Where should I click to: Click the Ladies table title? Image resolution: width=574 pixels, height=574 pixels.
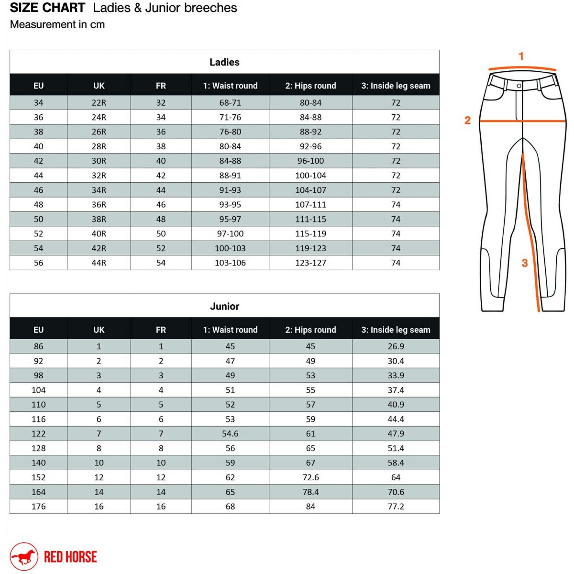pos(224,62)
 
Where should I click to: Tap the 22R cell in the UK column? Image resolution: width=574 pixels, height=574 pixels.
pos(99,103)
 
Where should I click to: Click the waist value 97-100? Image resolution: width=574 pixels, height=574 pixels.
pos(230,233)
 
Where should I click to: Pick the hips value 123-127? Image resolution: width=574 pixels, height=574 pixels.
pos(311,263)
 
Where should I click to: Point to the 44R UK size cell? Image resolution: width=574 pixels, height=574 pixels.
pos(99,263)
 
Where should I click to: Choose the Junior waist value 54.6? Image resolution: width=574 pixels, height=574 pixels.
pos(230,434)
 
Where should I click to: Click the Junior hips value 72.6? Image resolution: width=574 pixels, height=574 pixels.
pos(311,477)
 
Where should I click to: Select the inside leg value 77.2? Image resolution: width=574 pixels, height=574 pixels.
pos(395,506)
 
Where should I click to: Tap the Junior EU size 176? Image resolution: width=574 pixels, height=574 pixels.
pos(39,506)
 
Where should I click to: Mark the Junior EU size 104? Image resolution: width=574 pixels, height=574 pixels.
pos(39,390)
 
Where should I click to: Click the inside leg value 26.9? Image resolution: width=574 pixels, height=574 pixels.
pos(395,346)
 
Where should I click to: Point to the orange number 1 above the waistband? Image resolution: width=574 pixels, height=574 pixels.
pos(521,56)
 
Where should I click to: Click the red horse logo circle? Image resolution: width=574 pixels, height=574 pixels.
pos(24,556)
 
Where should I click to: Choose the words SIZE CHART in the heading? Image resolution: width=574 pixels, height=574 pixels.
pos(47,8)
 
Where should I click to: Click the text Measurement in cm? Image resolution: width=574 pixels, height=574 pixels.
pos(57,24)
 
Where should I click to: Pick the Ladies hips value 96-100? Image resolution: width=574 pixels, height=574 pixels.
pos(311,161)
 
